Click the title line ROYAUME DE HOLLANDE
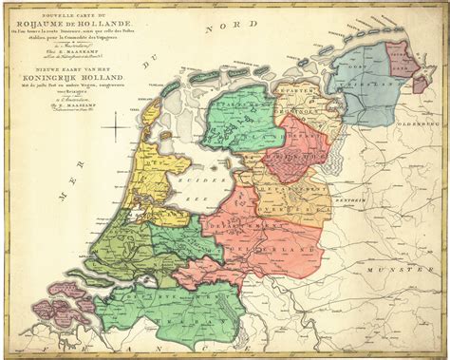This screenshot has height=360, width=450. click(78, 22)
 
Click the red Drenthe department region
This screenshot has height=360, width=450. click(296, 147)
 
